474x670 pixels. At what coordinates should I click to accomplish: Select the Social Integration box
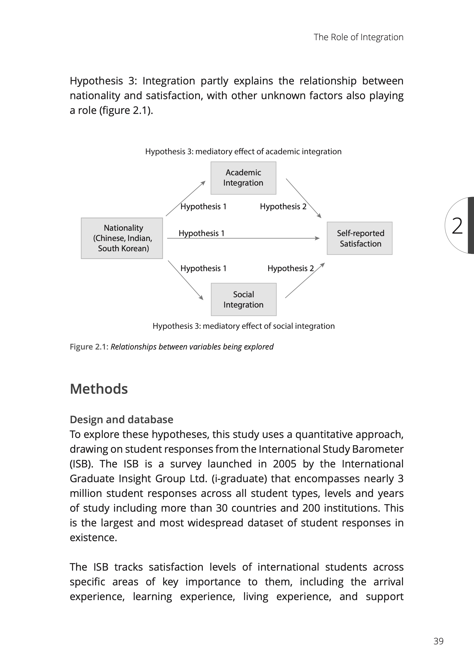tap(243, 299)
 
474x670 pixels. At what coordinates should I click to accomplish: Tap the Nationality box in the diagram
tap(122, 238)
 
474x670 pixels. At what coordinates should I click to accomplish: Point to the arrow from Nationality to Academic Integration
tap(186, 199)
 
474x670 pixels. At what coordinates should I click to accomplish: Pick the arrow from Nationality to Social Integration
tap(186, 280)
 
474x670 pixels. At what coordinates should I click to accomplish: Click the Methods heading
tap(99, 389)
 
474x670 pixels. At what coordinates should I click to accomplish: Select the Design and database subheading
tap(122, 420)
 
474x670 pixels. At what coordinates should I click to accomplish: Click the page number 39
tap(438, 641)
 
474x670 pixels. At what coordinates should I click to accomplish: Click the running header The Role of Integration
tap(359, 37)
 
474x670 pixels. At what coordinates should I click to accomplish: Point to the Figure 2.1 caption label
tap(89, 347)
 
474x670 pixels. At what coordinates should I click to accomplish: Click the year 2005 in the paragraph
tap(285, 464)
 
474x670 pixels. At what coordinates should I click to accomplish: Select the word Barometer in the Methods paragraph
tap(378, 449)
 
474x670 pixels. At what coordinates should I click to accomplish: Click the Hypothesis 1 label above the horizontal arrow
tap(201, 233)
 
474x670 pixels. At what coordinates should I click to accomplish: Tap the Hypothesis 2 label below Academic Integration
tap(283, 207)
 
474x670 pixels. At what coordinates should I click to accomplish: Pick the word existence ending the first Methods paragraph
tap(93, 538)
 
